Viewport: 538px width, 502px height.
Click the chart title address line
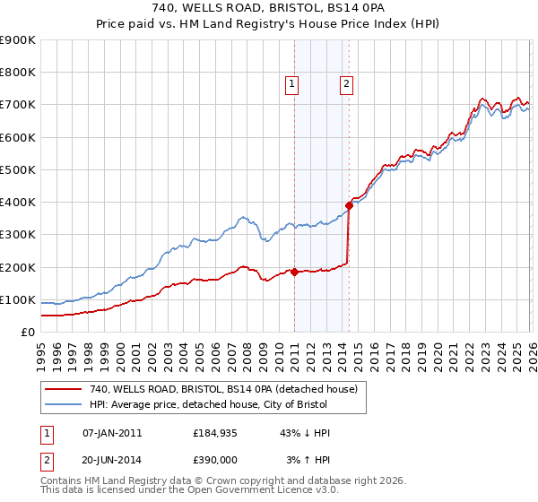269,10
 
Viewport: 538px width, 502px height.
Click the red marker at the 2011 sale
294,272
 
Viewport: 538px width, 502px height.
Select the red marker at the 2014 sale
349,205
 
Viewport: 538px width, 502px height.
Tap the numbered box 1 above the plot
292,85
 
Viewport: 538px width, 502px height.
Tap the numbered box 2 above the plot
346,85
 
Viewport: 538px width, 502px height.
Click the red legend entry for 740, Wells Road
223,389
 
